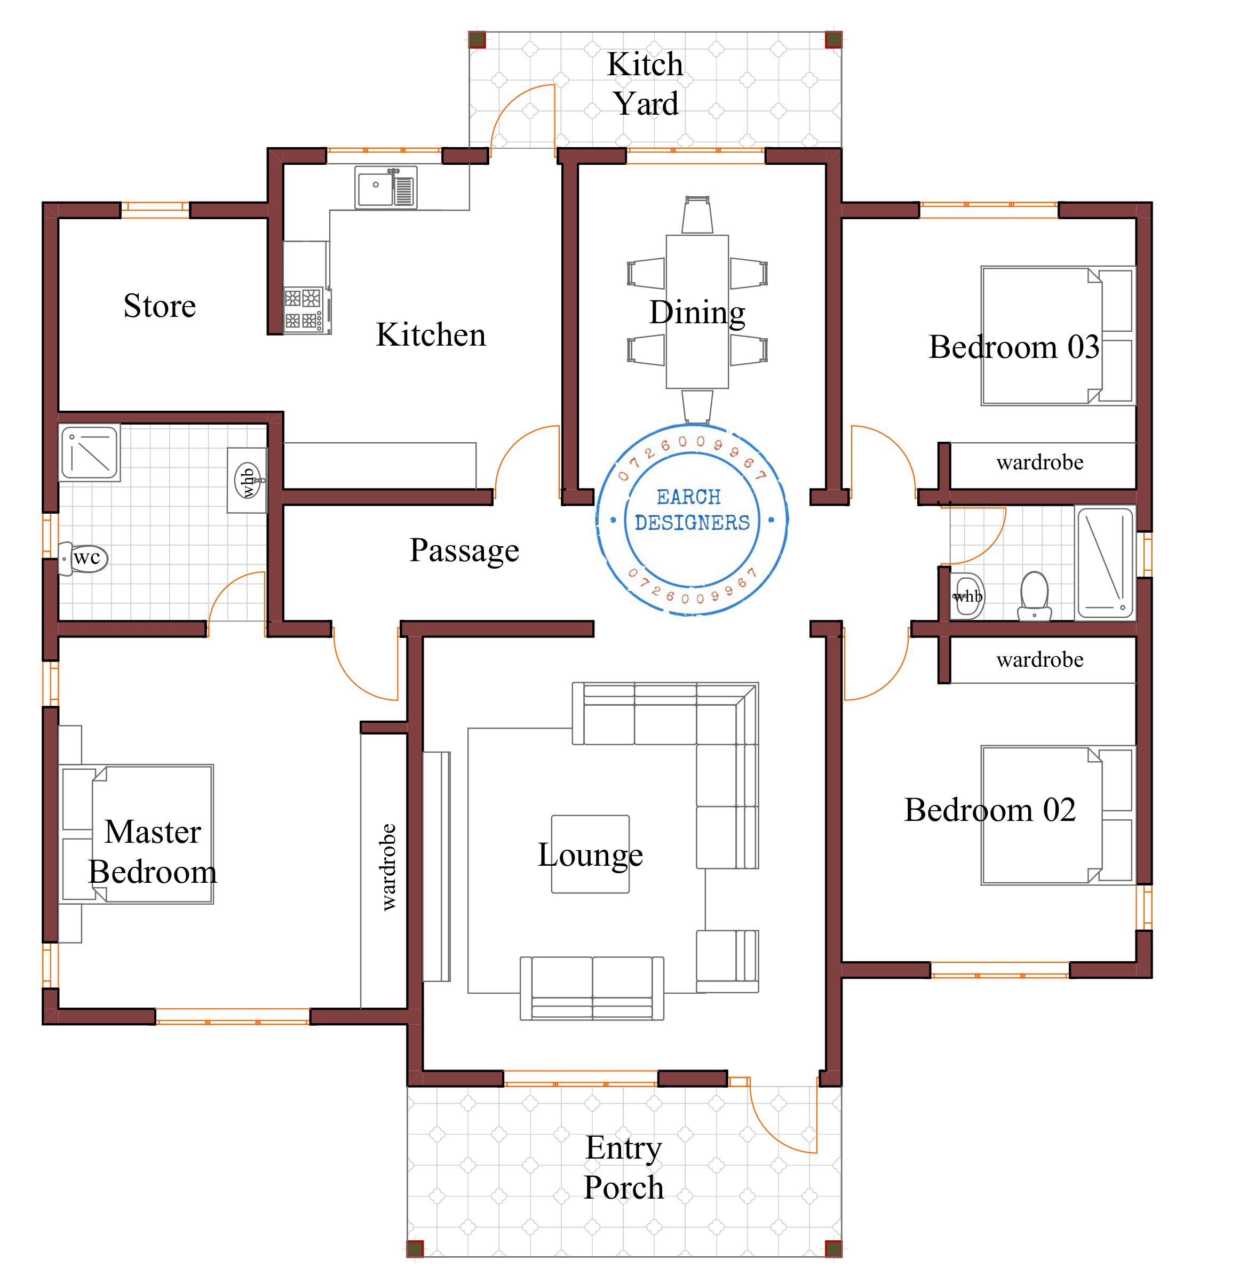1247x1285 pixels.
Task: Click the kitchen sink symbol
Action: coord(386,188)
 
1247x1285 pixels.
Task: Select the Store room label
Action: coord(160,306)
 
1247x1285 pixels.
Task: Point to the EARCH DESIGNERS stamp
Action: coord(692,519)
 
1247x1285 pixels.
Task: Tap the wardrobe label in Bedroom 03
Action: coord(1040,463)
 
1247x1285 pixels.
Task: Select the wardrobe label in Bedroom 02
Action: coord(1040,659)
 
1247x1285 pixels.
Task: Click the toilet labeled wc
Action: coord(83,558)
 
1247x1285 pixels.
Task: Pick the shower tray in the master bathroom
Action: coord(90,452)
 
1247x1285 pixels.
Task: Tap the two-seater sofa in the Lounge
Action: coord(592,987)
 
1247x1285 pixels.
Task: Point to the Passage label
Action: coord(464,550)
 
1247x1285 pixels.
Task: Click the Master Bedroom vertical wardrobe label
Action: coord(388,867)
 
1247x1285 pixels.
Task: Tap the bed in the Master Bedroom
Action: coord(138,834)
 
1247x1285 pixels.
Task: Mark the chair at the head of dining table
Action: coord(697,215)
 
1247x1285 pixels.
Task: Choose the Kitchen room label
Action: coord(431,335)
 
